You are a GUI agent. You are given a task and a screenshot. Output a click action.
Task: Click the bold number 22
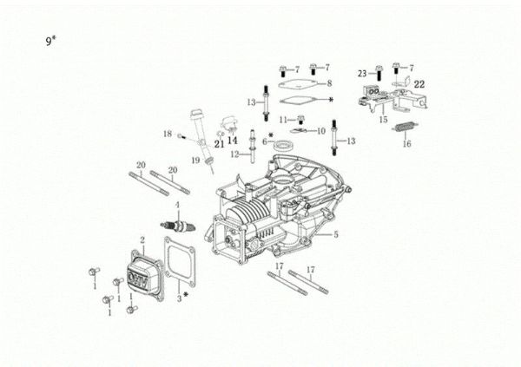coord(419,84)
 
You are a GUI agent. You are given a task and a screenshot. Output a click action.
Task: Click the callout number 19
coord(196,161)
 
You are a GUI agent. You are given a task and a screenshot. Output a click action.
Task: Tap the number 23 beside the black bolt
coord(361,75)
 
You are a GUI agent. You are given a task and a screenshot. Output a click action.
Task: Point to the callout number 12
coord(234,154)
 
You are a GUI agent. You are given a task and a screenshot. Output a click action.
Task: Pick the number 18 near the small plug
coord(167,134)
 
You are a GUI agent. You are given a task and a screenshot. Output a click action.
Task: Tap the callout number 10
coord(320,130)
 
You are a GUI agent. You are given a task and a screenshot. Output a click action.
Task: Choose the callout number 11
coord(282,118)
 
